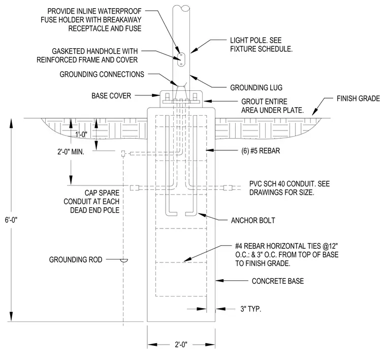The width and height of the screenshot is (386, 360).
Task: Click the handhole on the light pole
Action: [x=181, y=59]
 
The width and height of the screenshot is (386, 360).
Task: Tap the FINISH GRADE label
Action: [x=358, y=99]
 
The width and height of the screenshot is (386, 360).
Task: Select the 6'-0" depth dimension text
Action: [x=11, y=220]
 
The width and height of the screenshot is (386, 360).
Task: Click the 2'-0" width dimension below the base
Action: [x=181, y=344]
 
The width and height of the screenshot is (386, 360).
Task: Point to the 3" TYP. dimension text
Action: [x=250, y=309]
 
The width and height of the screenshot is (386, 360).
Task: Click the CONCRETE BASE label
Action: [x=278, y=281]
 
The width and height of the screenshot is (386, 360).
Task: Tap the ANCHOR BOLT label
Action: [x=253, y=220]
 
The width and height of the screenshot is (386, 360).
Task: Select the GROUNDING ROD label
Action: [x=76, y=259]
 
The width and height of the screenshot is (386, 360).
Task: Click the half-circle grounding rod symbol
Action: [x=123, y=260]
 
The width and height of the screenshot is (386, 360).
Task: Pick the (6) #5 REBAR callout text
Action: [x=261, y=151]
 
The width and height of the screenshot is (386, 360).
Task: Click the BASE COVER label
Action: [x=111, y=96]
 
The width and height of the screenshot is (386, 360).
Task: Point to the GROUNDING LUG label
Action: [x=256, y=88]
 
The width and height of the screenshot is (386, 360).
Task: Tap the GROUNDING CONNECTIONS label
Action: [x=102, y=74]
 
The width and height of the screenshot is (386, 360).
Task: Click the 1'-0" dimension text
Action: [x=81, y=135]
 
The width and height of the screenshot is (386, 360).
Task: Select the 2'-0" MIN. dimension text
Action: [x=71, y=152]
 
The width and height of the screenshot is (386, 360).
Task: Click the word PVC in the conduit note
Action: [x=255, y=184]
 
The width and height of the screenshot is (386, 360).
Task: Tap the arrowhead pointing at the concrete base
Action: [x=219, y=280]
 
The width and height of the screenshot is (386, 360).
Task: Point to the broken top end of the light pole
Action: [x=181, y=8]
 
